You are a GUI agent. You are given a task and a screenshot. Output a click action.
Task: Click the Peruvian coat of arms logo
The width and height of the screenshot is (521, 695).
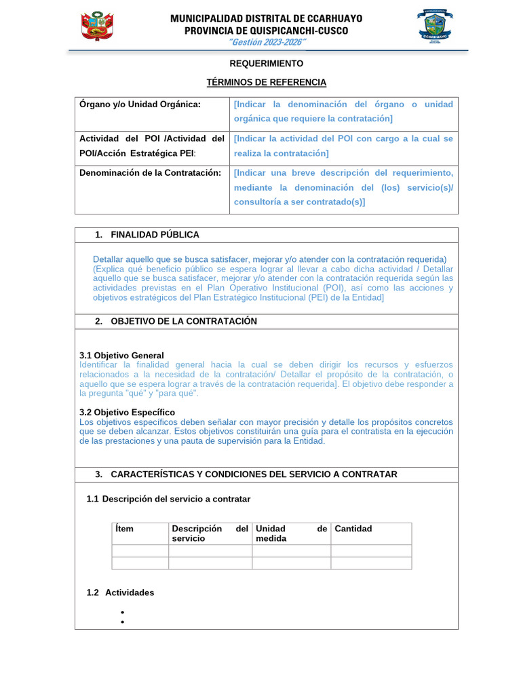coord(97,26)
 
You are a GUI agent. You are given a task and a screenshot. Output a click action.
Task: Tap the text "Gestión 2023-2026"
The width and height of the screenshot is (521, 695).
coord(267,43)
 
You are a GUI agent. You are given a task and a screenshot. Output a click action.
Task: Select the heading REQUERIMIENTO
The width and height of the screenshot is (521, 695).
coord(267,63)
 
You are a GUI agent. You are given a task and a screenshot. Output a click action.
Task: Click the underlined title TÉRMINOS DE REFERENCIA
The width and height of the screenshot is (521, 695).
coord(266,82)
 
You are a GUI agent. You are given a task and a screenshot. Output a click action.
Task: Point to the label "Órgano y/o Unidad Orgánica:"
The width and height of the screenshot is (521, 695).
coord(140,105)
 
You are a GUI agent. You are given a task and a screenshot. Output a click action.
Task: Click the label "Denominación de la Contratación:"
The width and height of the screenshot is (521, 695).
coord(151,173)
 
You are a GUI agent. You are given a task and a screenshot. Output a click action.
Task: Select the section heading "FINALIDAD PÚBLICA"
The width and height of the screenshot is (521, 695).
coord(155,235)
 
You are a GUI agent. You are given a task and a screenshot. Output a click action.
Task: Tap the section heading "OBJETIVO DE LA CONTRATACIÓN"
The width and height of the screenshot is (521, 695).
coord(183,321)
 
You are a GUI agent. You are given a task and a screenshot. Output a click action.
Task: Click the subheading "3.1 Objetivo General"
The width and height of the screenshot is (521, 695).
coord(121,356)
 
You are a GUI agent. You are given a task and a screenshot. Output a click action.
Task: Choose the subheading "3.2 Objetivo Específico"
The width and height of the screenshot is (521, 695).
coord(127,412)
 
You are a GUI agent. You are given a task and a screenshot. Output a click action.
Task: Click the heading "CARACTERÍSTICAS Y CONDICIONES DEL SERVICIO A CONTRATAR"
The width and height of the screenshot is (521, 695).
coord(254,474)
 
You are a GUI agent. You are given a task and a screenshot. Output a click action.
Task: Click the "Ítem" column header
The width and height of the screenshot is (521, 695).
coord(125,529)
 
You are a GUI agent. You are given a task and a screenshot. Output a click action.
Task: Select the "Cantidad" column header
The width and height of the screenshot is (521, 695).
coord(353,529)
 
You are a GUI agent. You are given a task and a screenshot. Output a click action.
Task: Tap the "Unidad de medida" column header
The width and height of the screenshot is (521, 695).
coord(291,533)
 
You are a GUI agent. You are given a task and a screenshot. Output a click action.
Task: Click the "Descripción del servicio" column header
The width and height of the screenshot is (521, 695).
coord(210,533)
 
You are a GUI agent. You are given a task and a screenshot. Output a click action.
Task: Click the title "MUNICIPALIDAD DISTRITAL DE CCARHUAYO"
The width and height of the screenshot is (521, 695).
coord(266,18)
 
